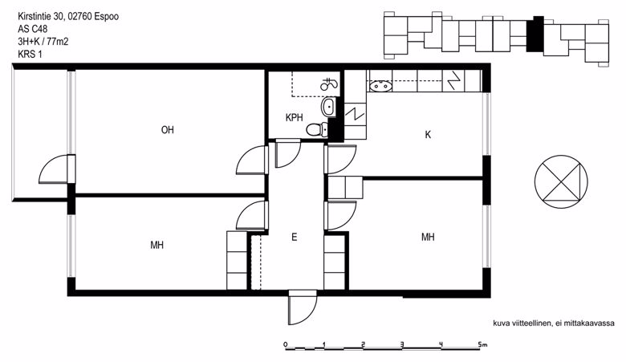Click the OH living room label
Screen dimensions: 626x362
tap(167, 130)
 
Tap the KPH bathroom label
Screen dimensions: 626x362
tap(295, 118)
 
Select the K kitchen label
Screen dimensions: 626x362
tap(428, 135)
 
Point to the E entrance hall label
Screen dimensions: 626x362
tap(295, 238)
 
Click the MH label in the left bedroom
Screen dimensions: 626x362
tap(156, 245)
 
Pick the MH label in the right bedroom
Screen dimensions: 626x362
tap(428, 238)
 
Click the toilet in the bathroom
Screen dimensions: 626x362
tap(317, 130)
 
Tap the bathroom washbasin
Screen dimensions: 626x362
tap(328, 107)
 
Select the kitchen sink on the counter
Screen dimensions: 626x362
tap(380, 85)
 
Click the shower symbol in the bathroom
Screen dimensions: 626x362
tap(328, 83)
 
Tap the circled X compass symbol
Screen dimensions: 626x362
tap(561, 181)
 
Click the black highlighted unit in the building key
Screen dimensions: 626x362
tap(535, 35)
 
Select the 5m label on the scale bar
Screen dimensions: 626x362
tap(482, 344)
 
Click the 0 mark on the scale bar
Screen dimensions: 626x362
tap(286, 344)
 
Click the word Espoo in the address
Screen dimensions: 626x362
tap(106, 17)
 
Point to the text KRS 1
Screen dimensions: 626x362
tap(30, 55)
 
